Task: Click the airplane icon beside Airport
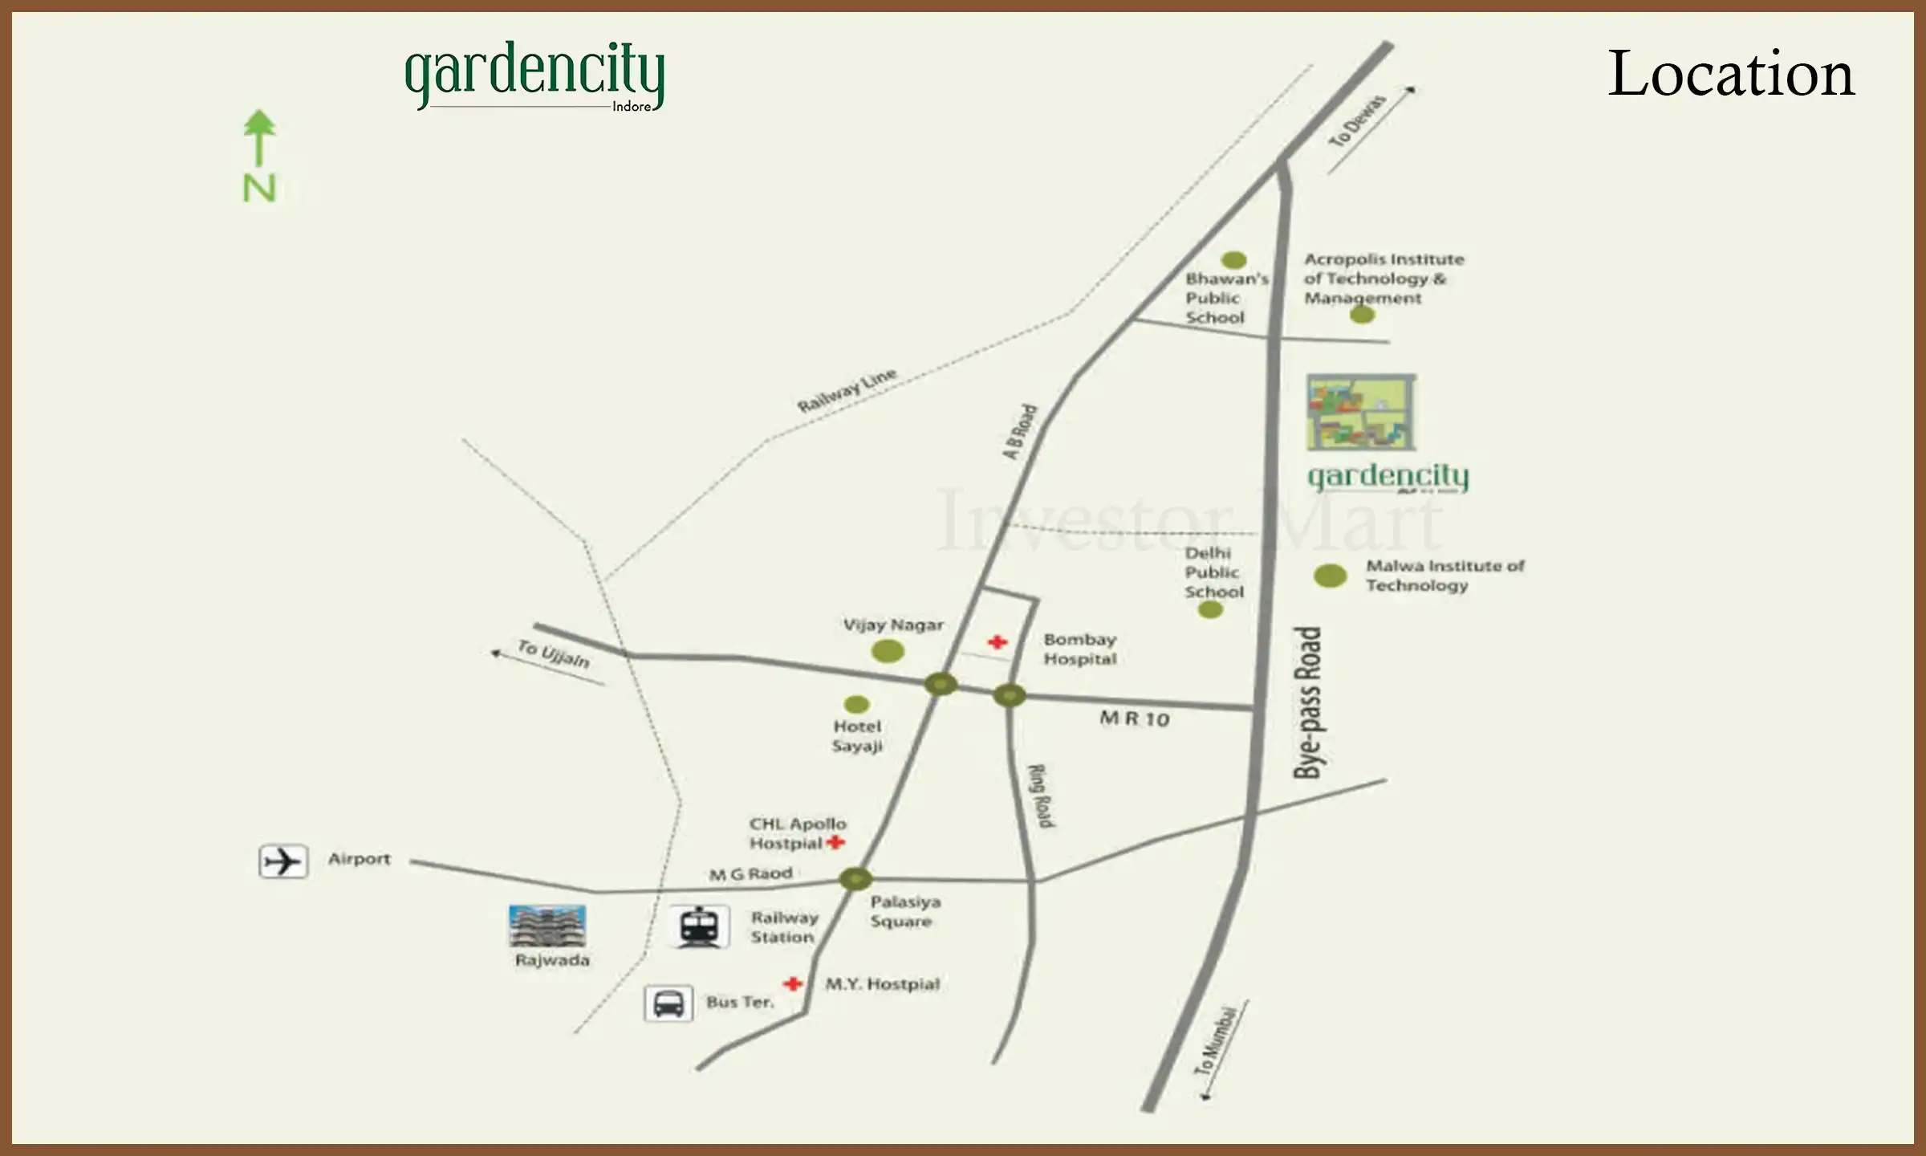click(282, 861)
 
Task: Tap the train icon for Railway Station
click(700, 926)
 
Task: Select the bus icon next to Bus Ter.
click(668, 1003)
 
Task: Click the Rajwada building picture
click(547, 926)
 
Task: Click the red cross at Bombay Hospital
click(998, 641)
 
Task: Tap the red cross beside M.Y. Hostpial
click(793, 983)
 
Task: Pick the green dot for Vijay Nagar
click(888, 651)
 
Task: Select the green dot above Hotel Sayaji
click(856, 704)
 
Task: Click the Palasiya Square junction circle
click(855, 878)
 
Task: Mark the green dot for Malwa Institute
click(1330, 575)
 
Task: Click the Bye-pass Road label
click(1308, 702)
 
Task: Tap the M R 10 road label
click(1134, 718)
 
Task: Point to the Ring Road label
click(1042, 796)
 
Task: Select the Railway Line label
click(846, 390)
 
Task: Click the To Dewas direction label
click(1357, 121)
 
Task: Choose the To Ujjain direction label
click(554, 654)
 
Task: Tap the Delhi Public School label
click(1213, 572)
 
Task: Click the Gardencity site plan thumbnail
click(1360, 412)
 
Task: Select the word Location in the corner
click(1731, 74)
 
